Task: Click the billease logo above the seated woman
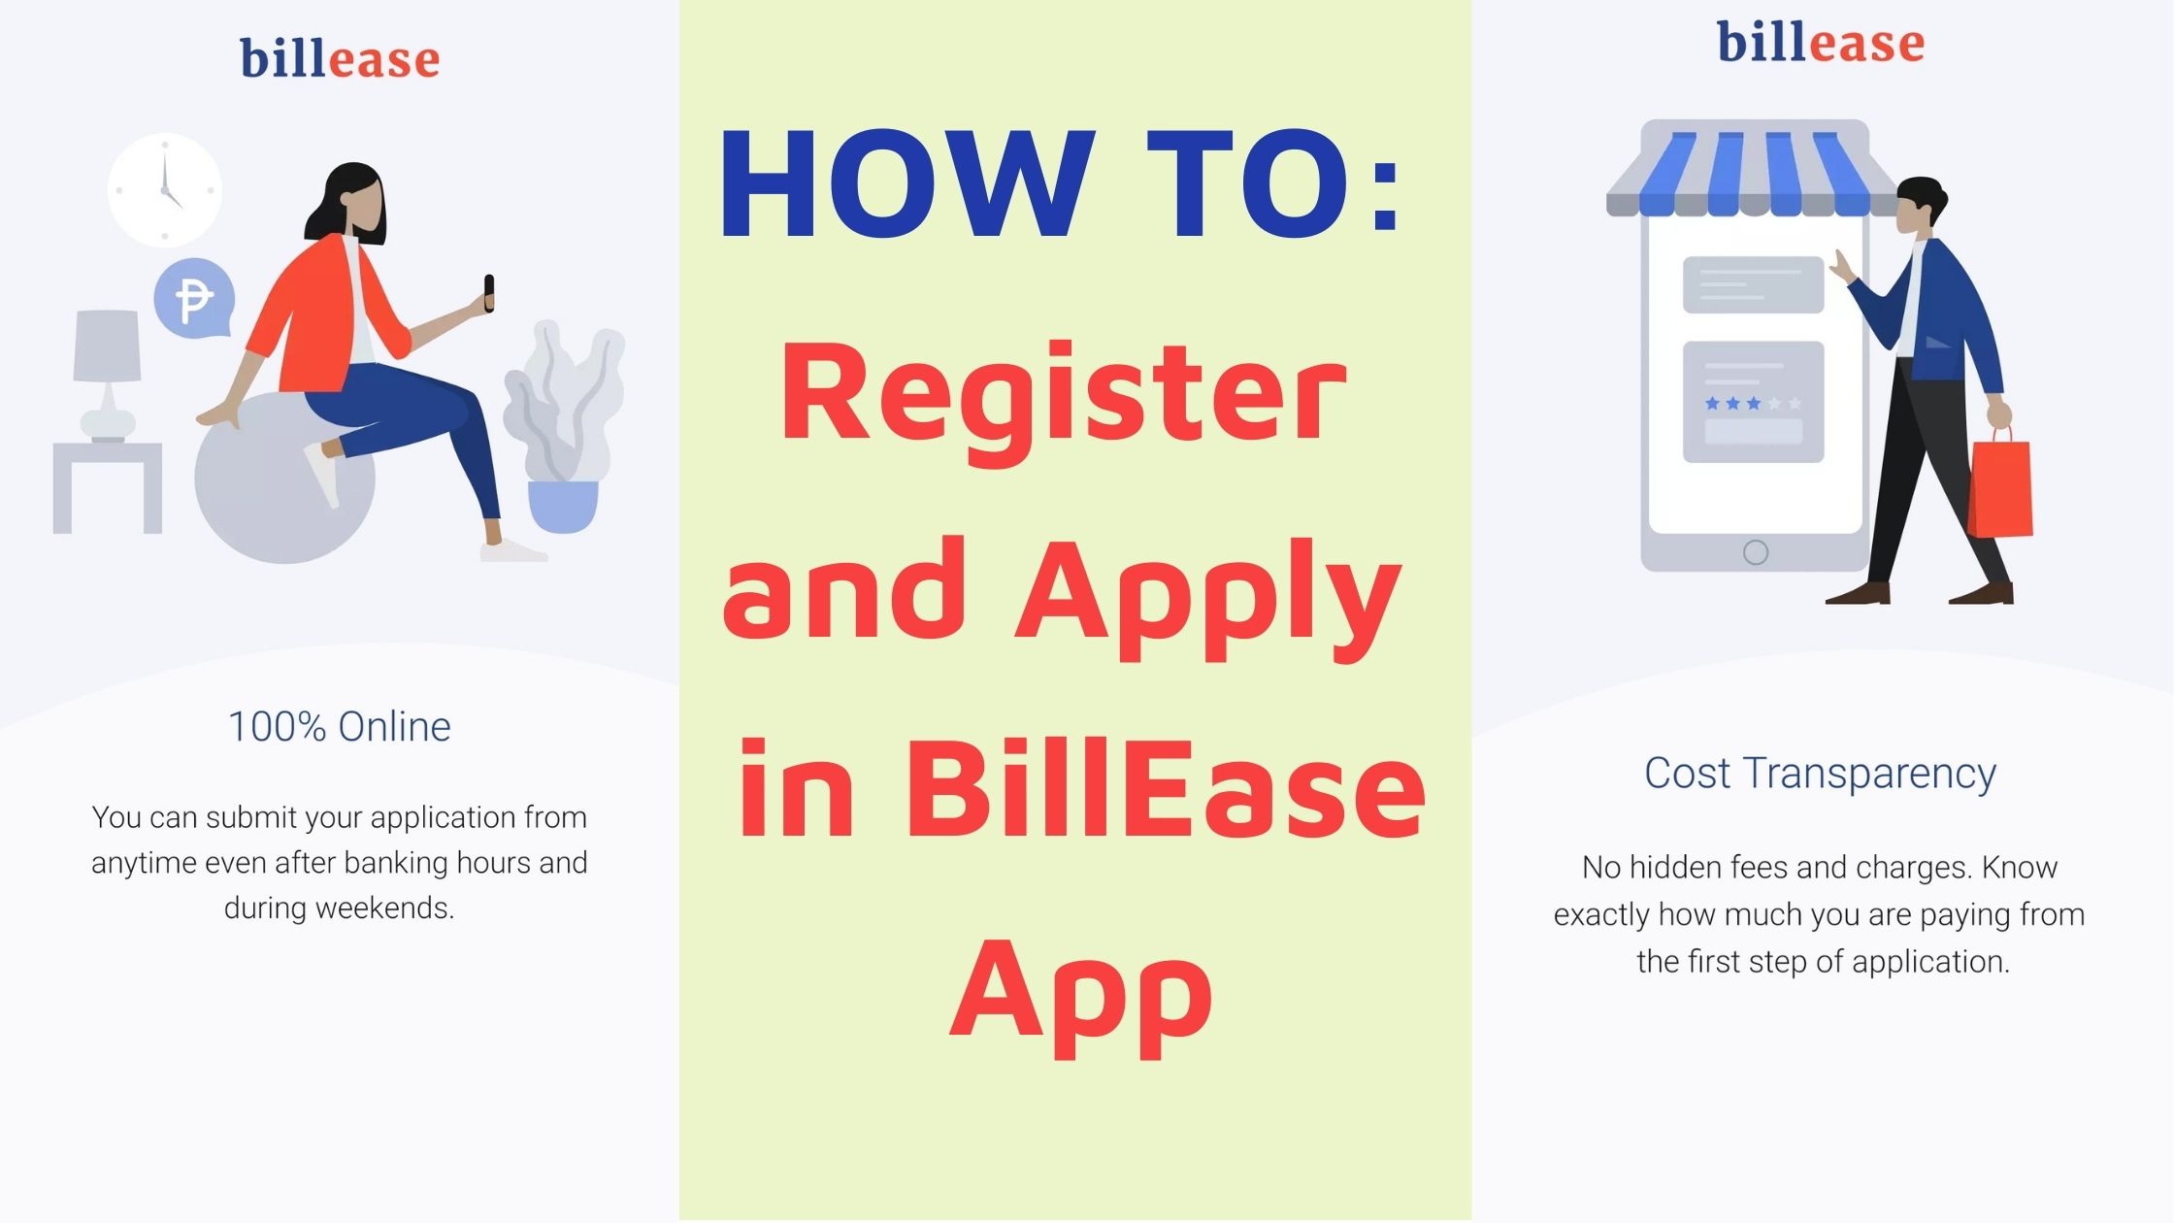tap(340, 59)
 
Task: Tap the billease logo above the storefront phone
tap(1821, 44)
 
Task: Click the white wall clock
tap(165, 190)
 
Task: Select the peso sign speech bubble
tap(194, 299)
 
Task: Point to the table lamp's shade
tap(108, 346)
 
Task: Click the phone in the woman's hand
tap(489, 292)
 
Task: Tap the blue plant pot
tap(563, 506)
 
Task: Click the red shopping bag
tap(1999, 488)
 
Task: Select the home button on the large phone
tap(1756, 552)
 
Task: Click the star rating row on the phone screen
tap(1753, 403)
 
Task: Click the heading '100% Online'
tap(340, 727)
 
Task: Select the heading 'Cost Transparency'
tap(1820, 774)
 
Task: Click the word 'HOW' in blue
tap(906, 184)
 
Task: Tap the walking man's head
tap(1919, 204)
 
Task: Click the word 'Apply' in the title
tap(1208, 594)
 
